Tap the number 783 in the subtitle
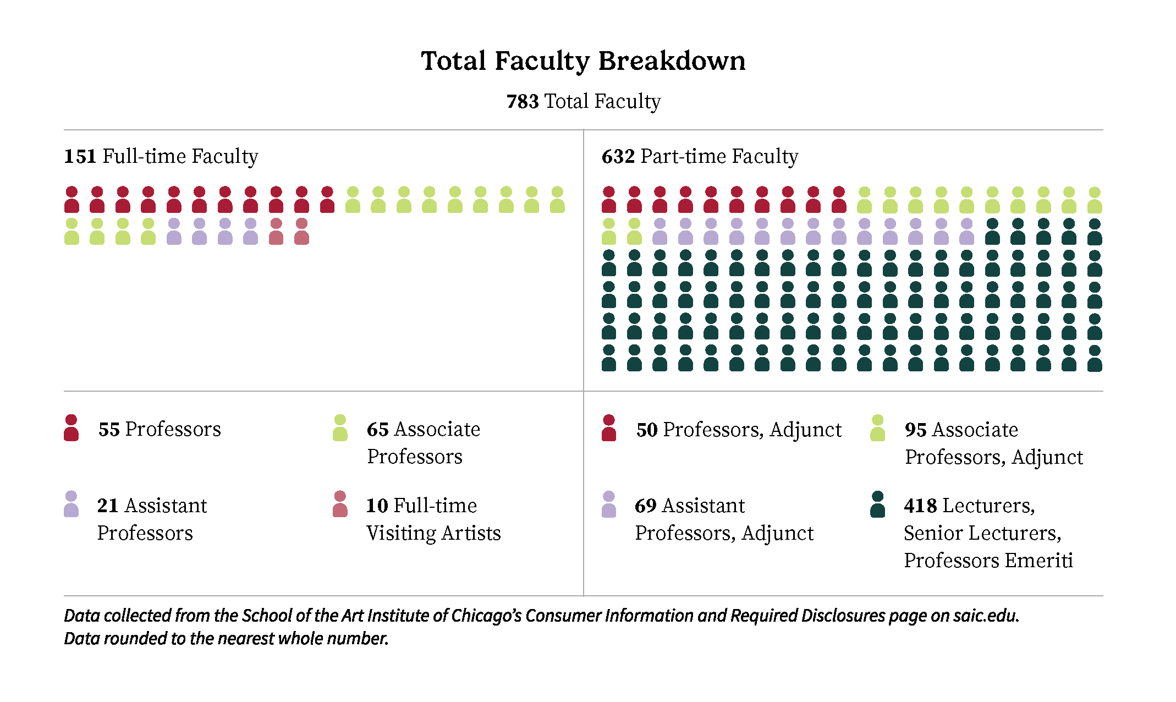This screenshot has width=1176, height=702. pyautogui.click(x=522, y=102)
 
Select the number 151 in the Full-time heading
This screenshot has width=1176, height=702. pyautogui.click(x=80, y=157)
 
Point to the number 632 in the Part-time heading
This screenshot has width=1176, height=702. pyautogui.click(x=618, y=157)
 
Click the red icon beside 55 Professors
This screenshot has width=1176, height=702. pyautogui.click(x=71, y=428)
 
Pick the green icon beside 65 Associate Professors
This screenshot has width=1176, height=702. pyautogui.click(x=340, y=428)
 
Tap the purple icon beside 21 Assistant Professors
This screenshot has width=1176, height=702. pyautogui.click(x=71, y=504)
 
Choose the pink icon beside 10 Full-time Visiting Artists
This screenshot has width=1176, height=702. pyautogui.click(x=340, y=504)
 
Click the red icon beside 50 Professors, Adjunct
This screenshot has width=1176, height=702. pyautogui.click(x=608, y=428)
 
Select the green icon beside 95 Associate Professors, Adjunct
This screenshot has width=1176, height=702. pyautogui.click(x=877, y=428)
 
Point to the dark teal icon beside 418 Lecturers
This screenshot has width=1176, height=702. pyautogui.click(x=877, y=504)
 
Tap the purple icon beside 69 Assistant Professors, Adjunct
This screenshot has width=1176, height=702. pyautogui.click(x=608, y=504)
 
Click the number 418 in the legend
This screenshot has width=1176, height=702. pyautogui.click(x=920, y=506)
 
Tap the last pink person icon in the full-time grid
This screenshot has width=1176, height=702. pyautogui.click(x=301, y=231)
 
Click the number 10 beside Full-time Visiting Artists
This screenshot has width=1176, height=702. pyautogui.click(x=377, y=506)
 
